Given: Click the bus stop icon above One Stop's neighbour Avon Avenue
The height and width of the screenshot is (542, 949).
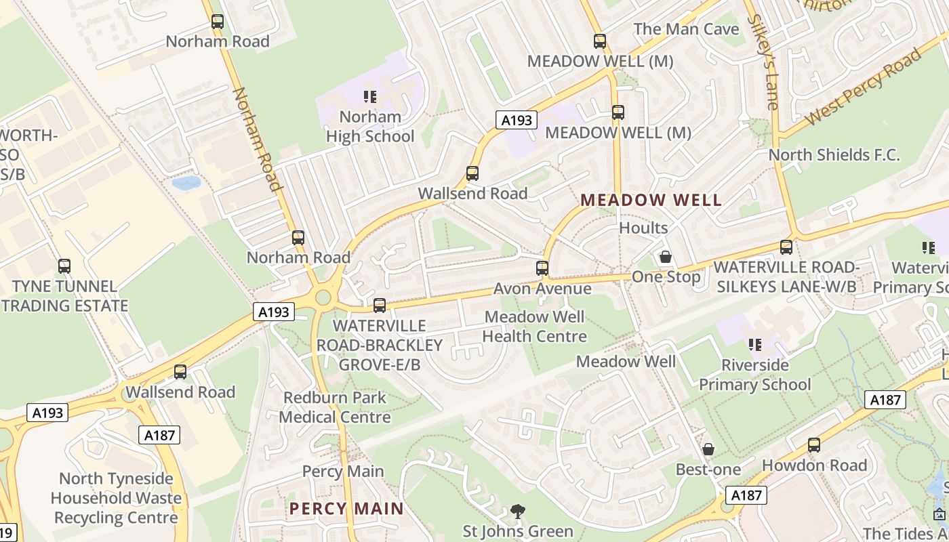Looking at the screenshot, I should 542,268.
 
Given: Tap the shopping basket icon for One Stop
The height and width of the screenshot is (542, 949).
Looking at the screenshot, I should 666,257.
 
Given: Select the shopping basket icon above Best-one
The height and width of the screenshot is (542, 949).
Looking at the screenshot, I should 708,449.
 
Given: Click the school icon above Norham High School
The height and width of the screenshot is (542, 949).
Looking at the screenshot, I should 369,97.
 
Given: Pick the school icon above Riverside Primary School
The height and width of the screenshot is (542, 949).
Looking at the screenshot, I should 754,345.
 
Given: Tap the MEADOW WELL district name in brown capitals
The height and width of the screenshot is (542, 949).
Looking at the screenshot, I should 651,201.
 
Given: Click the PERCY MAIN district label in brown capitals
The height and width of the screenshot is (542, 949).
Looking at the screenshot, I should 346,508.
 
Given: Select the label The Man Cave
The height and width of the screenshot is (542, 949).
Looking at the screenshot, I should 686,29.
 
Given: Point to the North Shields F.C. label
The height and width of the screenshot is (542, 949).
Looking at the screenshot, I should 834,154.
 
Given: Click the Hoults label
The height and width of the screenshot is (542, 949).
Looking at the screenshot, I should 643,228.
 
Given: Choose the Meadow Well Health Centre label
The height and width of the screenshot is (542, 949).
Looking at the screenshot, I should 534,326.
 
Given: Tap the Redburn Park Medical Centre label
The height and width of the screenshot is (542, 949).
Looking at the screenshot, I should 335,407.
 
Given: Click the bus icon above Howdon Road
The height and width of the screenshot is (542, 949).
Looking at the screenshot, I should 814,445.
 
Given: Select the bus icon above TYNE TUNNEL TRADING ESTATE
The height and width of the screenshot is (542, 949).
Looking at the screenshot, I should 64,266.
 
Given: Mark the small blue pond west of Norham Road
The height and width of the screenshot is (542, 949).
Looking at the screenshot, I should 186,183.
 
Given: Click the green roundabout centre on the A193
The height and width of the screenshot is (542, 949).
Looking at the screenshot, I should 323,297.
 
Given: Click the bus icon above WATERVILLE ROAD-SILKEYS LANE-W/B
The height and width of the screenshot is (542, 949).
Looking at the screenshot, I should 786,247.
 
